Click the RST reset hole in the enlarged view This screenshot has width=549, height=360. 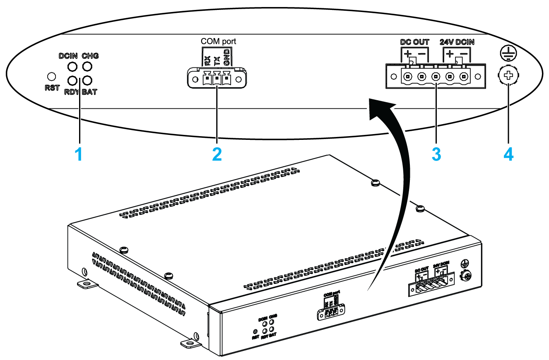[52, 77]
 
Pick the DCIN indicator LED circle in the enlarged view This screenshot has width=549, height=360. [72, 67]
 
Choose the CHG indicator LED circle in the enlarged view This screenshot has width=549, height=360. [87, 67]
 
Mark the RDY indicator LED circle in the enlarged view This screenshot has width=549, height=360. [72, 80]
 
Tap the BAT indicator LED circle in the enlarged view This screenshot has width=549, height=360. [87, 80]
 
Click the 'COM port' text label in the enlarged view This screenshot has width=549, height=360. [219, 41]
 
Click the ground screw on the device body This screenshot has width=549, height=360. [467, 276]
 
